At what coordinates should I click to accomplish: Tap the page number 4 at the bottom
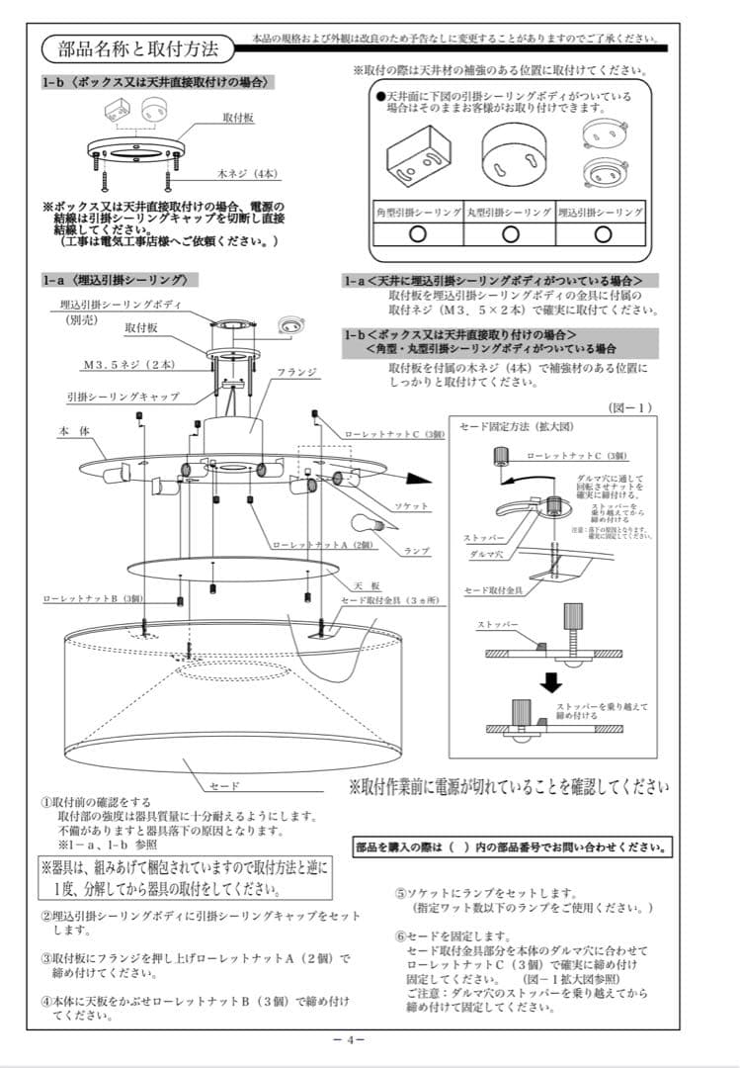pyautogui.click(x=351, y=1040)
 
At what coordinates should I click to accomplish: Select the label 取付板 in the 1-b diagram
pyautogui.click(x=238, y=118)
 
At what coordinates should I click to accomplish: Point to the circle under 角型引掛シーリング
pyautogui.click(x=417, y=233)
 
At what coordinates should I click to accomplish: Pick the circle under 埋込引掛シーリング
pyautogui.click(x=601, y=233)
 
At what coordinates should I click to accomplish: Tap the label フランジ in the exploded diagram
pyautogui.click(x=296, y=372)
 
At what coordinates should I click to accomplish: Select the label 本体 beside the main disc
pyautogui.click(x=72, y=432)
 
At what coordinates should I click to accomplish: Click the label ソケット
pyautogui.click(x=411, y=505)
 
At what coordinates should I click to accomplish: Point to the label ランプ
pyautogui.click(x=416, y=550)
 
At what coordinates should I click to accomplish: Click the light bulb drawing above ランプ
pyautogui.click(x=369, y=524)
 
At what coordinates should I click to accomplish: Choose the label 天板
pyautogui.click(x=369, y=585)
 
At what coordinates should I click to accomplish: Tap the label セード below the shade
pyautogui.click(x=224, y=785)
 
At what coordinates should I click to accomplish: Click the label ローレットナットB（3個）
pyautogui.click(x=94, y=598)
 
